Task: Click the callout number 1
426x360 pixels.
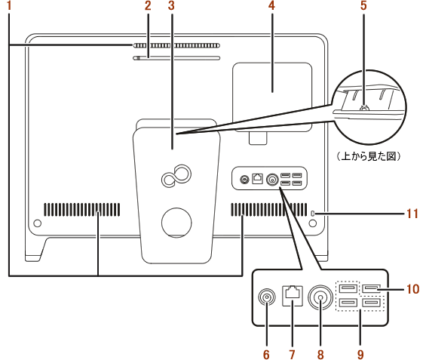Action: click(9, 5)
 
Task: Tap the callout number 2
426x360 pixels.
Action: click(148, 5)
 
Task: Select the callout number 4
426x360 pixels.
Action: click(271, 5)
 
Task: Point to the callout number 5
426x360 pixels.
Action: click(363, 5)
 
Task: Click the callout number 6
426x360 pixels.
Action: click(266, 354)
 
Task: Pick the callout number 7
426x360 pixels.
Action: click(292, 354)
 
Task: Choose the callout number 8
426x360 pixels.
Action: click(320, 354)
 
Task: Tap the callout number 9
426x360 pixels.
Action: click(360, 354)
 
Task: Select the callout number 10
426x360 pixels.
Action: click(412, 289)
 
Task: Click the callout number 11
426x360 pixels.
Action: click(412, 214)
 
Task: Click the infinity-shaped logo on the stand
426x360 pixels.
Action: click(176, 176)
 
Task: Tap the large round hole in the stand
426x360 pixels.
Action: click(176, 223)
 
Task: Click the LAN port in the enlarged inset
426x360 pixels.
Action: click(293, 296)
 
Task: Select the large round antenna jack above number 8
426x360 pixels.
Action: click(320, 297)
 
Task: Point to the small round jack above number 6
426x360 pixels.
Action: click(266, 297)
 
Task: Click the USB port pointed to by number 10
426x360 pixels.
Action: click(372, 288)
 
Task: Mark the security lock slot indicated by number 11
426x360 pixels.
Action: click(312, 214)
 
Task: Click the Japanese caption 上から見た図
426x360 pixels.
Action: click(369, 156)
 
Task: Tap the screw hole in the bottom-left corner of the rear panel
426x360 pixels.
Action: click(37, 223)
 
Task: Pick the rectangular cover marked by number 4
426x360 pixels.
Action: click(272, 97)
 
